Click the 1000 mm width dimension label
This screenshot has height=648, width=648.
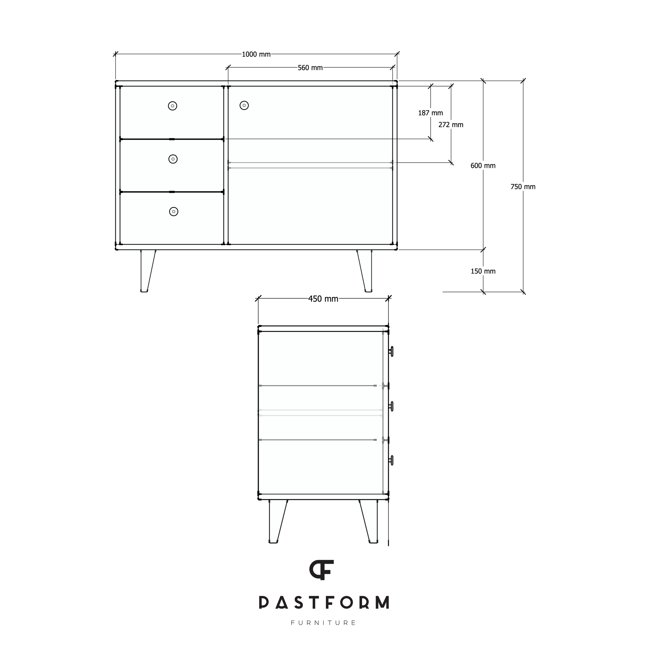[x=256, y=54]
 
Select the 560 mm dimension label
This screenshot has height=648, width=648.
[x=310, y=68]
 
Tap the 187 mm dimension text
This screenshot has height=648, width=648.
[x=430, y=113]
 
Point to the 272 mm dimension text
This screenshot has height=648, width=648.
[x=451, y=125]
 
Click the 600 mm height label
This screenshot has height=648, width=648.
[x=483, y=165]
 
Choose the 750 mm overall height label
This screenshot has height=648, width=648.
[x=523, y=187]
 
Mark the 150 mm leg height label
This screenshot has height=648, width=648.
[x=483, y=271]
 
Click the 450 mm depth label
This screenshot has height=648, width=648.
[x=323, y=299]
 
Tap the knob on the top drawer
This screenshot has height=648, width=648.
[x=172, y=106]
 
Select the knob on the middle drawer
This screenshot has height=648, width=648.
[x=173, y=159]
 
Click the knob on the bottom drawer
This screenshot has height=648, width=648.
[x=173, y=212]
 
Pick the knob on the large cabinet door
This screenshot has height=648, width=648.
[x=244, y=106]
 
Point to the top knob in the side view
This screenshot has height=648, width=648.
[x=391, y=352]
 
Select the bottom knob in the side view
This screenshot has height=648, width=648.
[x=391, y=460]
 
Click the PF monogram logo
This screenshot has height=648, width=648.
[x=321, y=570]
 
